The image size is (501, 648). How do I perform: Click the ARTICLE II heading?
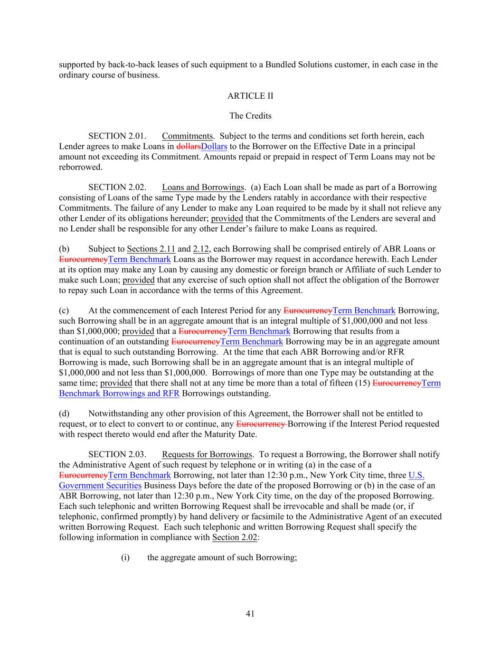point(250,96)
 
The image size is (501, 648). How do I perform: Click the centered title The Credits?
point(250,116)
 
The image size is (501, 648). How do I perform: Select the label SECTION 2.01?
point(117,136)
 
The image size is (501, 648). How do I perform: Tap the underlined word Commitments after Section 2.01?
point(187,136)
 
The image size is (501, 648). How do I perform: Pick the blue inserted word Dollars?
point(214,147)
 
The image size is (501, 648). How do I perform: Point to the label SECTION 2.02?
point(117,188)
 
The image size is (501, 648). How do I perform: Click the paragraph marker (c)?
point(64,311)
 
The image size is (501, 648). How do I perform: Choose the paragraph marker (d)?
point(64,414)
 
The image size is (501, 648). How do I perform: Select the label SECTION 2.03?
point(117,455)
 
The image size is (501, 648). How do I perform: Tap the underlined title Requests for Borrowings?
point(207,455)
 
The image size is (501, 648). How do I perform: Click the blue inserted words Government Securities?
point(100,486)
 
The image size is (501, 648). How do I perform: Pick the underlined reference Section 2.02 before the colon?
point(234,537)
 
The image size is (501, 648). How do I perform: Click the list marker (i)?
point(125,558)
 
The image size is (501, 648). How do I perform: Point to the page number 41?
point(250,614)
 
